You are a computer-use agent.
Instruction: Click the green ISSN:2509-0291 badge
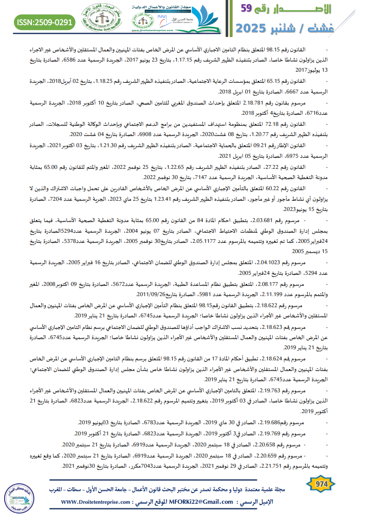coord(45,22)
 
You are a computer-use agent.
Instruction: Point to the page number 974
coord(321,484)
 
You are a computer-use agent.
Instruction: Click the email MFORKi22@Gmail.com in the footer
coord(203,502)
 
